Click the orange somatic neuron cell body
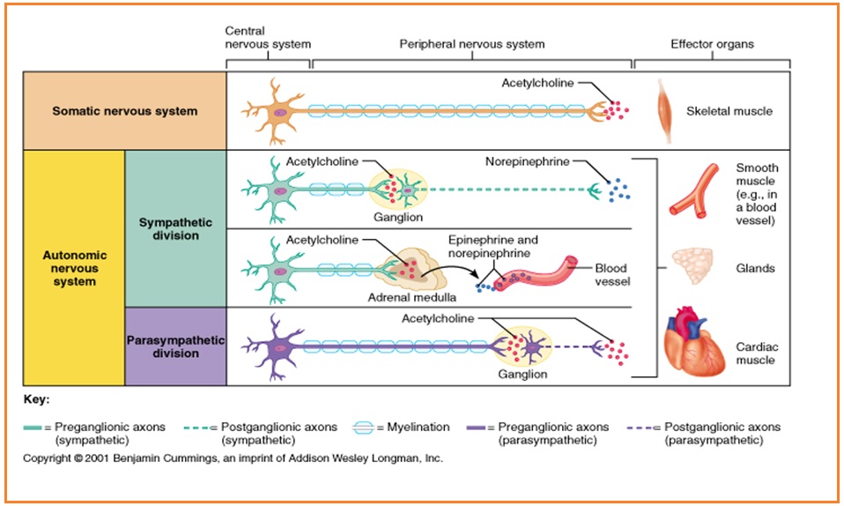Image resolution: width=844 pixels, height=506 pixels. click(x=274, y=111)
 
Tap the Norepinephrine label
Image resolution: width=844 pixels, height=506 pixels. click(x=527, y=161)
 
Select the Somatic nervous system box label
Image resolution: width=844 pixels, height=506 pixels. click(x=124, y=111)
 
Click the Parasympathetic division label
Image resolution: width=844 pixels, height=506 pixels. click(x=175, y=346)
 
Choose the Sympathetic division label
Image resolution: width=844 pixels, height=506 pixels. click(x=174, y=229)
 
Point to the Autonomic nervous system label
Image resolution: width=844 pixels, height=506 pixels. click(x=74, y=268)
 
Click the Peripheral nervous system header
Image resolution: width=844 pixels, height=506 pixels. click(x=471, y=44)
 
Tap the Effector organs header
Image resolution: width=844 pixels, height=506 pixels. click(x=712, y=44)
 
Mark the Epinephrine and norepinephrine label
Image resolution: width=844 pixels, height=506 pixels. click(x=492, y=246)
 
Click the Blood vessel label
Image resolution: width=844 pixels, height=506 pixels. click(x=612, y=275)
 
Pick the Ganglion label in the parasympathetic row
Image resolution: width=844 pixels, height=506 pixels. click(x=522, y=374)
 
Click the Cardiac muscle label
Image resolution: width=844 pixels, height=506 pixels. click(x=755, y=353)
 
